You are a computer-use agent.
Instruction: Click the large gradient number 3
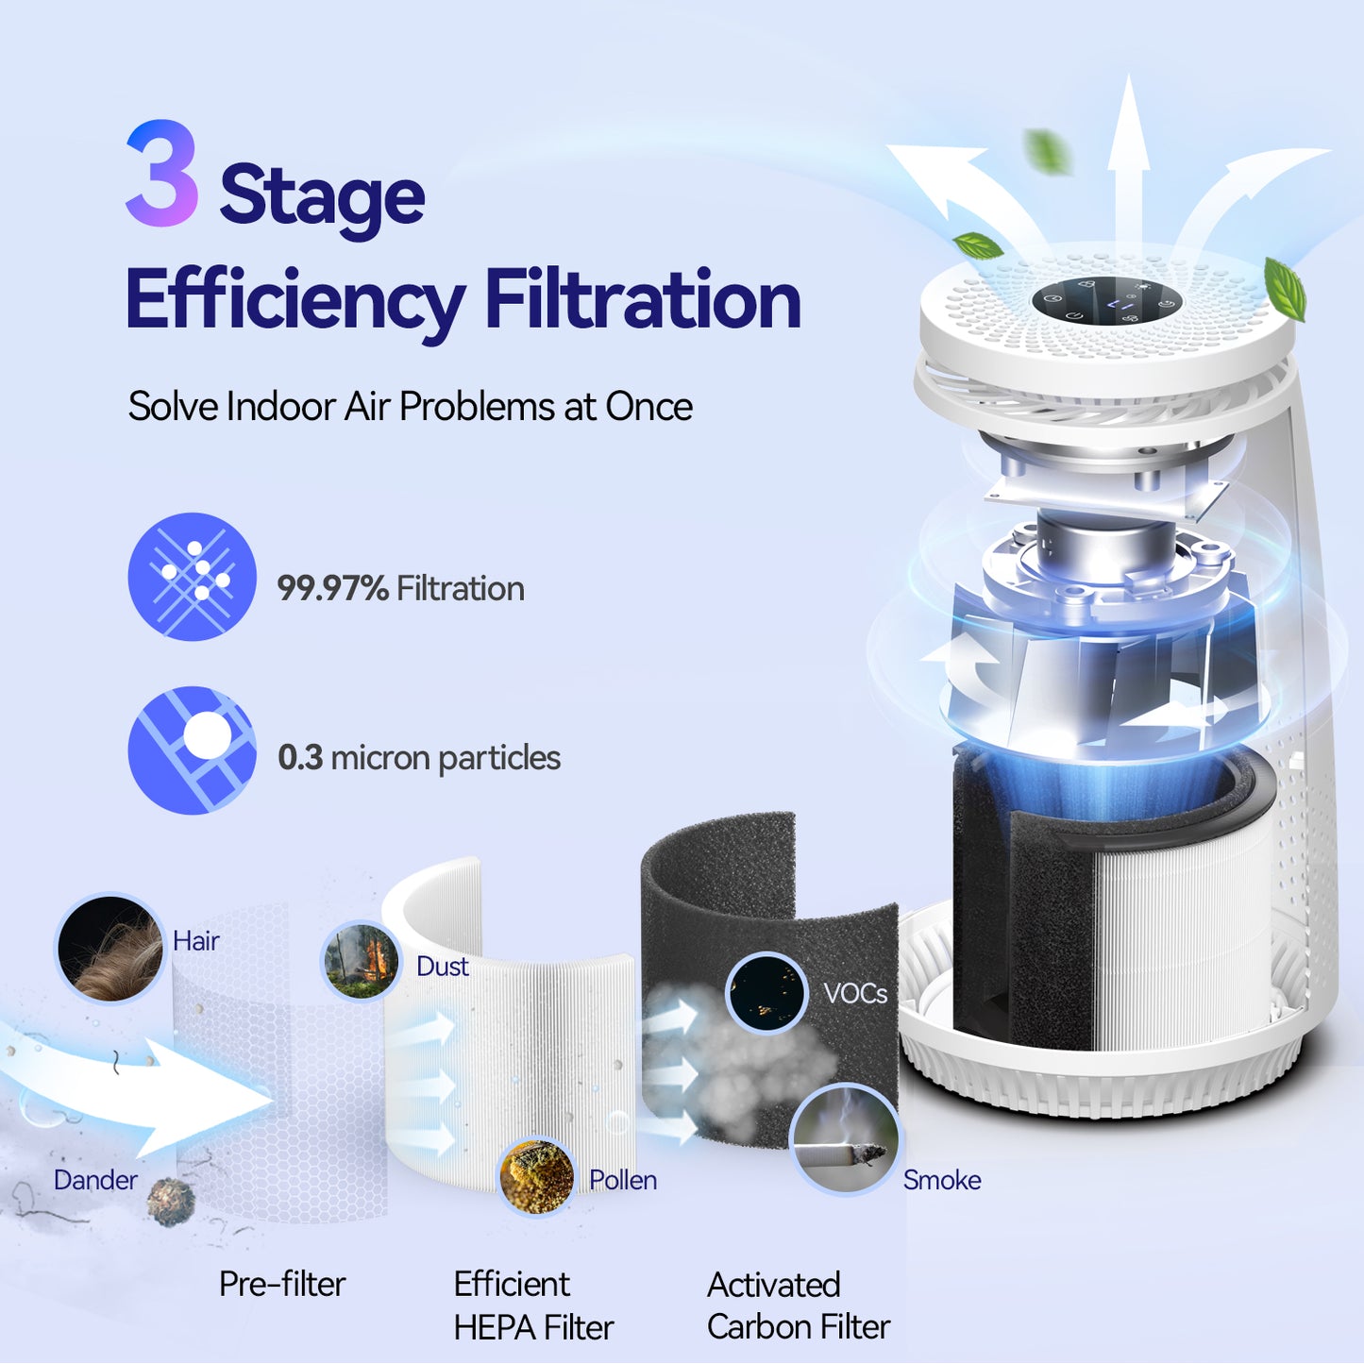coord(161,174)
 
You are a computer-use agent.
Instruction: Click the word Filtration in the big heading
coord(642,300)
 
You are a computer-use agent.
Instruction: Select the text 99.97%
coord(332,589)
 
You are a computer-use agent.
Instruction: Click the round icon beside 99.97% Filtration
coord(193,577)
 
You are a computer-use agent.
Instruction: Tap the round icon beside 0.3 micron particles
coord(193,749)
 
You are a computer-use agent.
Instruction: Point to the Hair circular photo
coord(109,948)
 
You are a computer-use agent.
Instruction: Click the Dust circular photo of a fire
coord(361,961)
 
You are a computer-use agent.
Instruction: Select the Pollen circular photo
coord(536,1175)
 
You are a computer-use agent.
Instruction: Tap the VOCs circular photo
coord(766,993)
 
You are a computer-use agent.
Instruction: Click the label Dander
coord(95,1180)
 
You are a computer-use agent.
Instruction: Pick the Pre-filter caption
coord(282,1285)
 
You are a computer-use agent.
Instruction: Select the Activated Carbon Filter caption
coord(798,1306)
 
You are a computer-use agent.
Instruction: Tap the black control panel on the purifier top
coord(1106,301)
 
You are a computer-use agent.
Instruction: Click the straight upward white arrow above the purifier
coord(1128,160)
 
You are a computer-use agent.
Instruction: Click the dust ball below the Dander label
coord(171,1202)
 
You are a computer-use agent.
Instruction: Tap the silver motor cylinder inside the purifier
coord(1105,547)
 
